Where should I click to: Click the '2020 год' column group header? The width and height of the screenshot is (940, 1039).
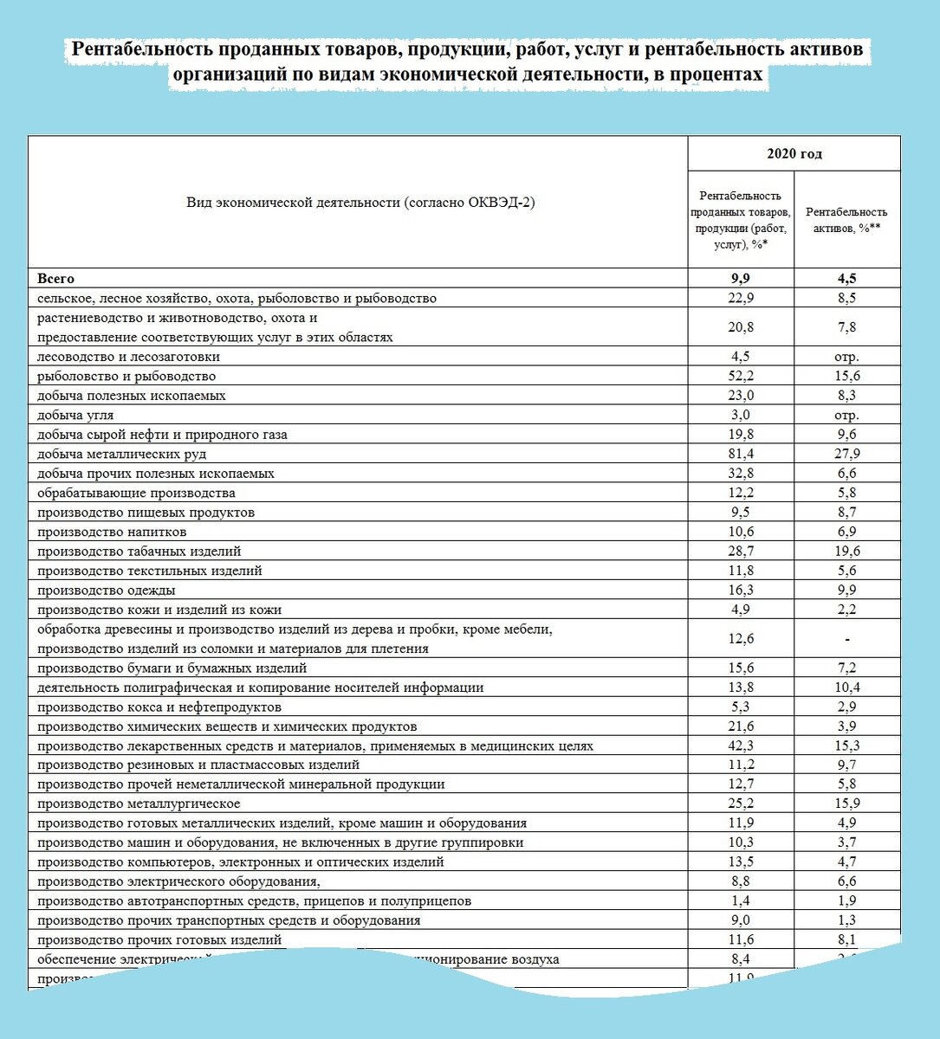pyautogui.click(x=794, y=154)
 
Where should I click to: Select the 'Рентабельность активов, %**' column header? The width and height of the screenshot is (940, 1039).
pyautogui.click(x=846, y=220)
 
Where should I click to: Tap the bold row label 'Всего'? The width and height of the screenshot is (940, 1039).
pyautogui.click(x=56, y=279)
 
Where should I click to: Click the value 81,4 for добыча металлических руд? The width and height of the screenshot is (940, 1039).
pyautogui.click(x=741, y=454)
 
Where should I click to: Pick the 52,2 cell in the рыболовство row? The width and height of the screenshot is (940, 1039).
pyautogui.click(x=741, y=376)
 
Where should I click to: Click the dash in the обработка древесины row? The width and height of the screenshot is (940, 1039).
pyautogui.click(x=846, y=639)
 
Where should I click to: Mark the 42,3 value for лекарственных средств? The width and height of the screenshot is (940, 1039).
pyautogui.click(x=741, y=745)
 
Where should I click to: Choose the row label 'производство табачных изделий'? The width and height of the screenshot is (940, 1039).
pyautogui.click(x=139, y=551)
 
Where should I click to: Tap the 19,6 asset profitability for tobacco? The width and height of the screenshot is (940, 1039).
pyautogui.click(x=846, y=551)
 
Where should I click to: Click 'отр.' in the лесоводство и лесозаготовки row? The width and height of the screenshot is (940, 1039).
pyautogui.click(x=846, y=357)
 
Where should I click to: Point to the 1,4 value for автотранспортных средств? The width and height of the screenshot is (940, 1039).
pyautogui.click(x=741, y=900)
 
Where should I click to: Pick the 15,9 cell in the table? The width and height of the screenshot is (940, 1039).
pyautogui.click(x=846, y=803)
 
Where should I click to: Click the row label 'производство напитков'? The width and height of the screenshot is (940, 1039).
pyautogui.click(x=112, y=532)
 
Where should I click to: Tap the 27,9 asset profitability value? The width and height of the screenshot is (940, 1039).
pyautogui.click(x=846, y=454)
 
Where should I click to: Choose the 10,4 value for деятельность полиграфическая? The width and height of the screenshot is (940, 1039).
pyautogui.click(x=846, y=687)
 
